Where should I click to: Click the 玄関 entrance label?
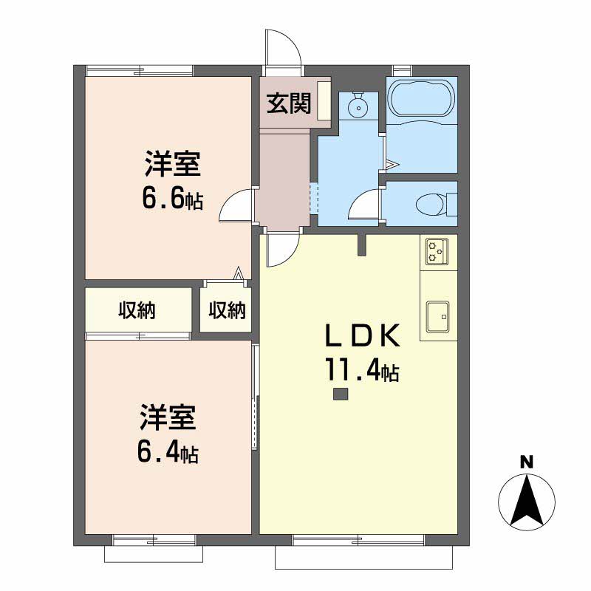point(289,103)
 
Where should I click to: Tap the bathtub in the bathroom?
point(421,100)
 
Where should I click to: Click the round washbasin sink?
point(358,107)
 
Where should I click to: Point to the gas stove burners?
point(437,251)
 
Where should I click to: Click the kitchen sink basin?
point(437,316)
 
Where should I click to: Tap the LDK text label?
point(362,336)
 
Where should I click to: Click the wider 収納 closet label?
point(137,310)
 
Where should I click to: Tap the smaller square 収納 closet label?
point(228,310)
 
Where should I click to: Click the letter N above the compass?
point(527,462)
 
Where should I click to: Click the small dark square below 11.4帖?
point(341,394)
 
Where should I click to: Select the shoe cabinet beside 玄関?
point(324,100)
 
